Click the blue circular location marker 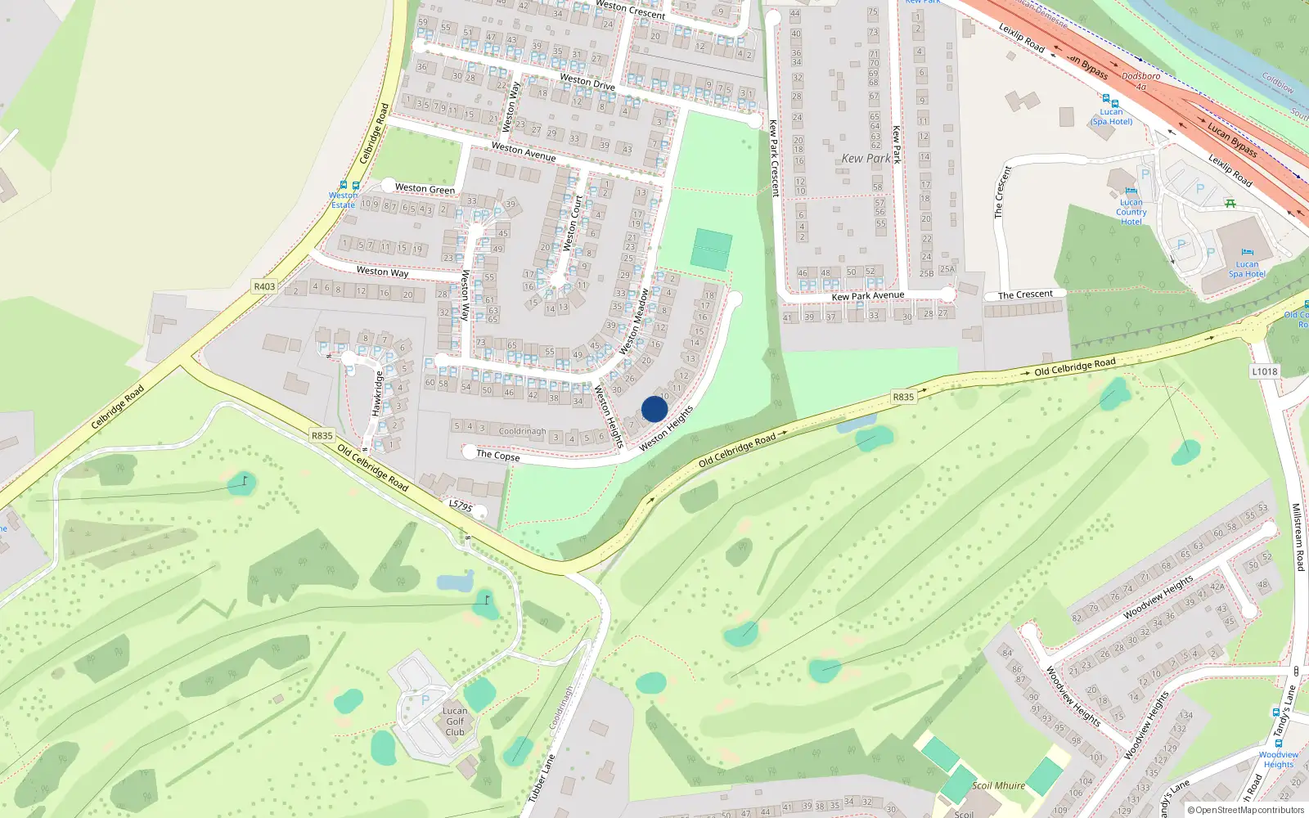click(654, 410)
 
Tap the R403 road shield click(264, 286)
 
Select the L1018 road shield click(1264, 371)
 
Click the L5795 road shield click(461, 506)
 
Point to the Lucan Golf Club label click(455, 721)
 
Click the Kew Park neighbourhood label click(866, 159)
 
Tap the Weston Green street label click(425, 188)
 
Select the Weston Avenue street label click(524, 151)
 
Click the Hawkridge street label click(377, 393)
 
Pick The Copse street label click(497, 455)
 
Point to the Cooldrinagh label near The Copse click(522, 431)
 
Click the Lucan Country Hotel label click(1131, 212)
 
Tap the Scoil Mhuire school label click(998, 785)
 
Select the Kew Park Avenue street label click(868, 296)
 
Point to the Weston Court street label click(573, 222)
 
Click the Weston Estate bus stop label click(344, 200)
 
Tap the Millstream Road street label click(1298, 537)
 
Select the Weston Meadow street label click(635, 321)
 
